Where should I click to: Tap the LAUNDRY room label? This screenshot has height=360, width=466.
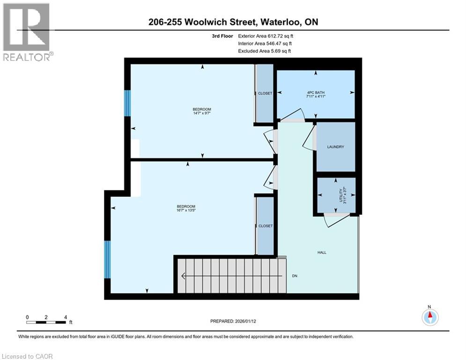point(335,147)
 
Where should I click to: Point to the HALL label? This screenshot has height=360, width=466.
point(321,252)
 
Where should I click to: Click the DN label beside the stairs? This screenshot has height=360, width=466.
point(295,276)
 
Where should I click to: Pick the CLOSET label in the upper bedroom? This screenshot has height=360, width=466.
point(265,93)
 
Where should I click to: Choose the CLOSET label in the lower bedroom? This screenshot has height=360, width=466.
point(265,226)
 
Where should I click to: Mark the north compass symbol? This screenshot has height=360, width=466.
point(429,317)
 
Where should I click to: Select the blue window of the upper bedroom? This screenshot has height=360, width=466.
point(126,103)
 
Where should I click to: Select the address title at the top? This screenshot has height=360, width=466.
point(233,22)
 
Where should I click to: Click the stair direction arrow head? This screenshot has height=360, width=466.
point(184,276)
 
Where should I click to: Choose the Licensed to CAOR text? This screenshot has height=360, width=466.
point(28,356)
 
